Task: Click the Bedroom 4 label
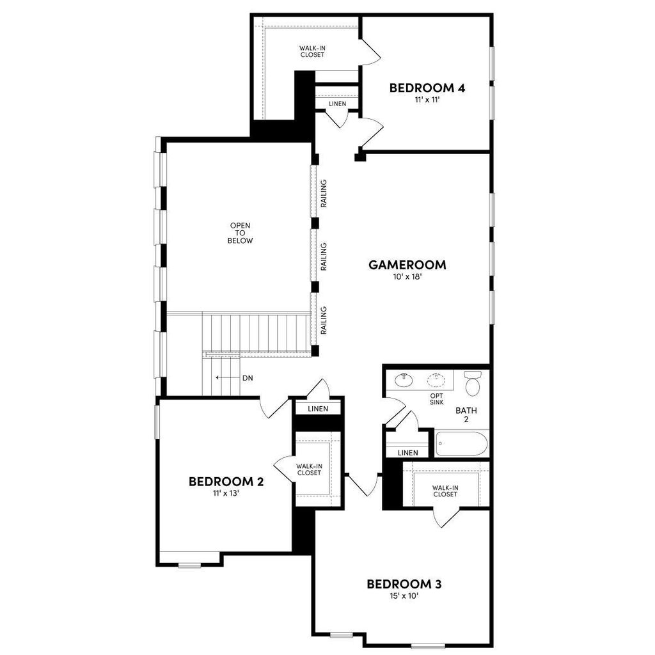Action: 427,88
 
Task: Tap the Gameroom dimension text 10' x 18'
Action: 407,276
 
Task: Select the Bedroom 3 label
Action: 404,584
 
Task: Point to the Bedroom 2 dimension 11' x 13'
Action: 226,493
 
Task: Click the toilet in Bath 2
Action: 473,383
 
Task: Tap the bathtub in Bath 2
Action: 461,444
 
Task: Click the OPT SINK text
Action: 436,399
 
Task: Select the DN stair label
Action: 248,378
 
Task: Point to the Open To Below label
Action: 241,233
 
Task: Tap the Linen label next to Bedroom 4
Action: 338,104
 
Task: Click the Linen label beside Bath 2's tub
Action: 408,453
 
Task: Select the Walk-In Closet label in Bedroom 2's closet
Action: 309,470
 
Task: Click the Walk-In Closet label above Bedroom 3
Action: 445,491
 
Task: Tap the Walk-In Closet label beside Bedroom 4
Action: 312,51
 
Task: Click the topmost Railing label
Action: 324,193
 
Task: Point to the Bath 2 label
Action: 466,414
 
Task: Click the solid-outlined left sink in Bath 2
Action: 404,380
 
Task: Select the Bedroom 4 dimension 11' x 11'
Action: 427,100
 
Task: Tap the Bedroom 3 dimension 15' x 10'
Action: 404,596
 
